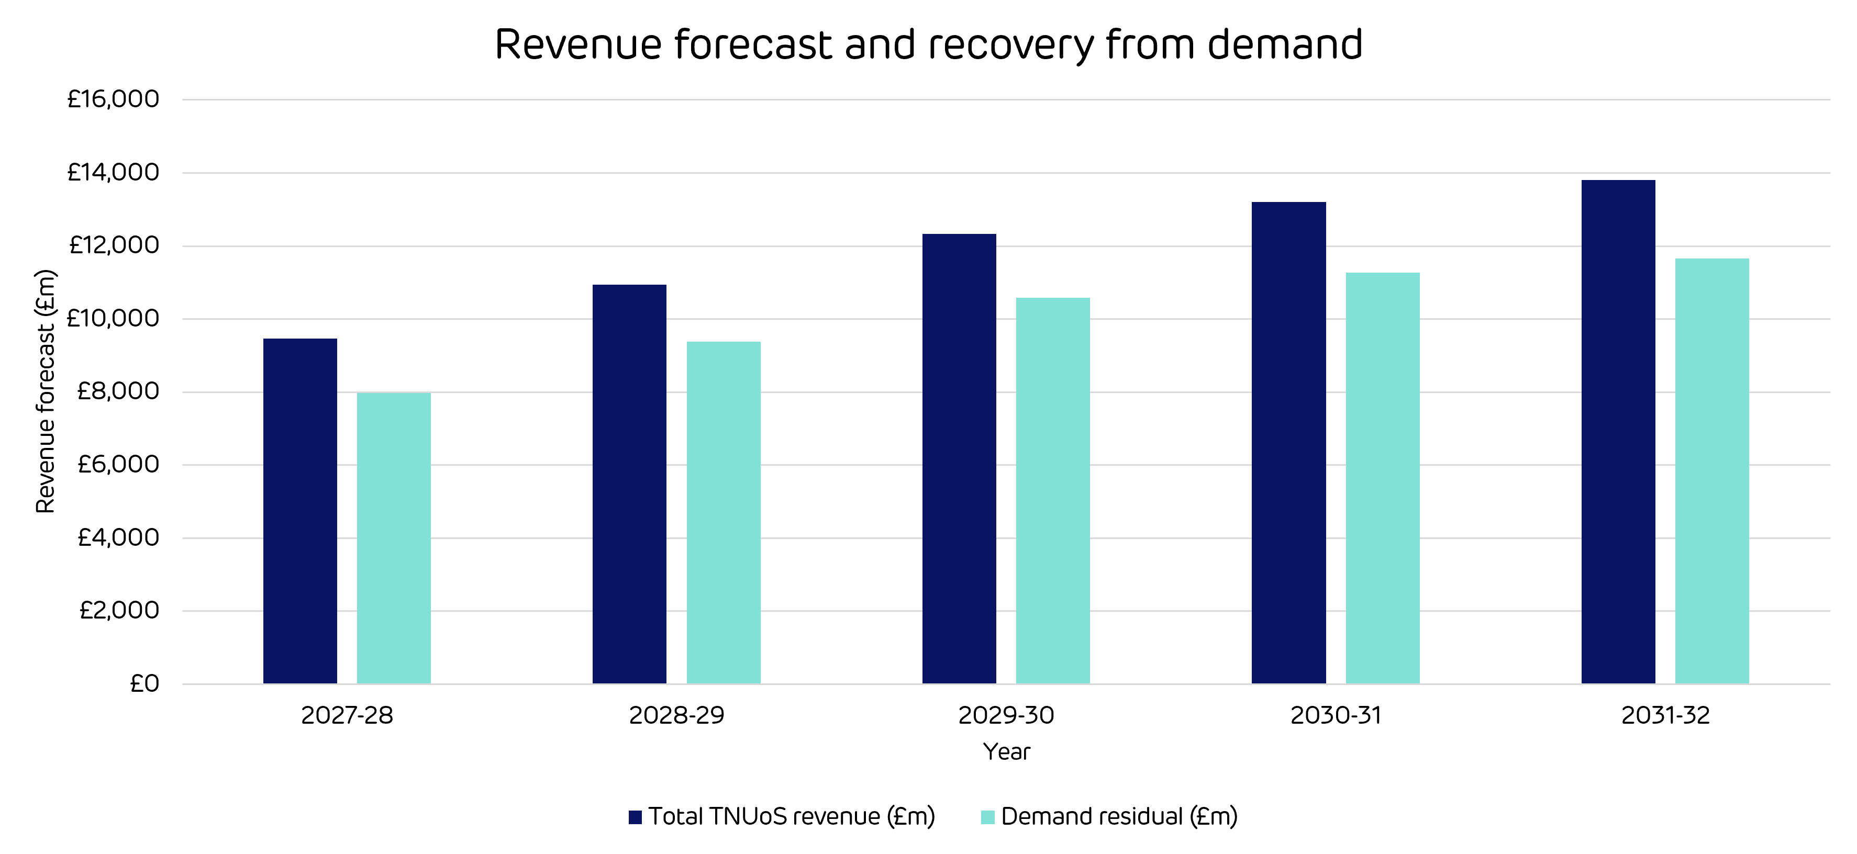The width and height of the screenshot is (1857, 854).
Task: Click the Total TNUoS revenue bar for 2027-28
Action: pyautogui.click(x=300, y=511)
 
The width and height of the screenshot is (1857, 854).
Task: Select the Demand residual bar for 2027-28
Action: pyautogui.click(x=394, y=538)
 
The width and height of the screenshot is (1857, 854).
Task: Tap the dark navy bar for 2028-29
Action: pyautogui.click(x=629, y=484)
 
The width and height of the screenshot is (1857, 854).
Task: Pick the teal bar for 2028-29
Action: pyautogui.click(x=723, y=512)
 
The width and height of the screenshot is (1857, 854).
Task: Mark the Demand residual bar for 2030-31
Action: pyautogui.click(x=1383, y=478)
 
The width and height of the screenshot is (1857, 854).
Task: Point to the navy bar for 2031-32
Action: pyautogui.click(x=1618, y=432)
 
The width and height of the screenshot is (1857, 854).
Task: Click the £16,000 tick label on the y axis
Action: pyautogui.click(x=113, y=99)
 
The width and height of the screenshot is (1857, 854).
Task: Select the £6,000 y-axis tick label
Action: pyautogui.click(x=118, y=464)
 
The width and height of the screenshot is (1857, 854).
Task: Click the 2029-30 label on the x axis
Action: pyautogui.click(x=1006, y=716)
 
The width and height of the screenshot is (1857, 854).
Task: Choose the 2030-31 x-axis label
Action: pyautogui.click(x=1336, y=716)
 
